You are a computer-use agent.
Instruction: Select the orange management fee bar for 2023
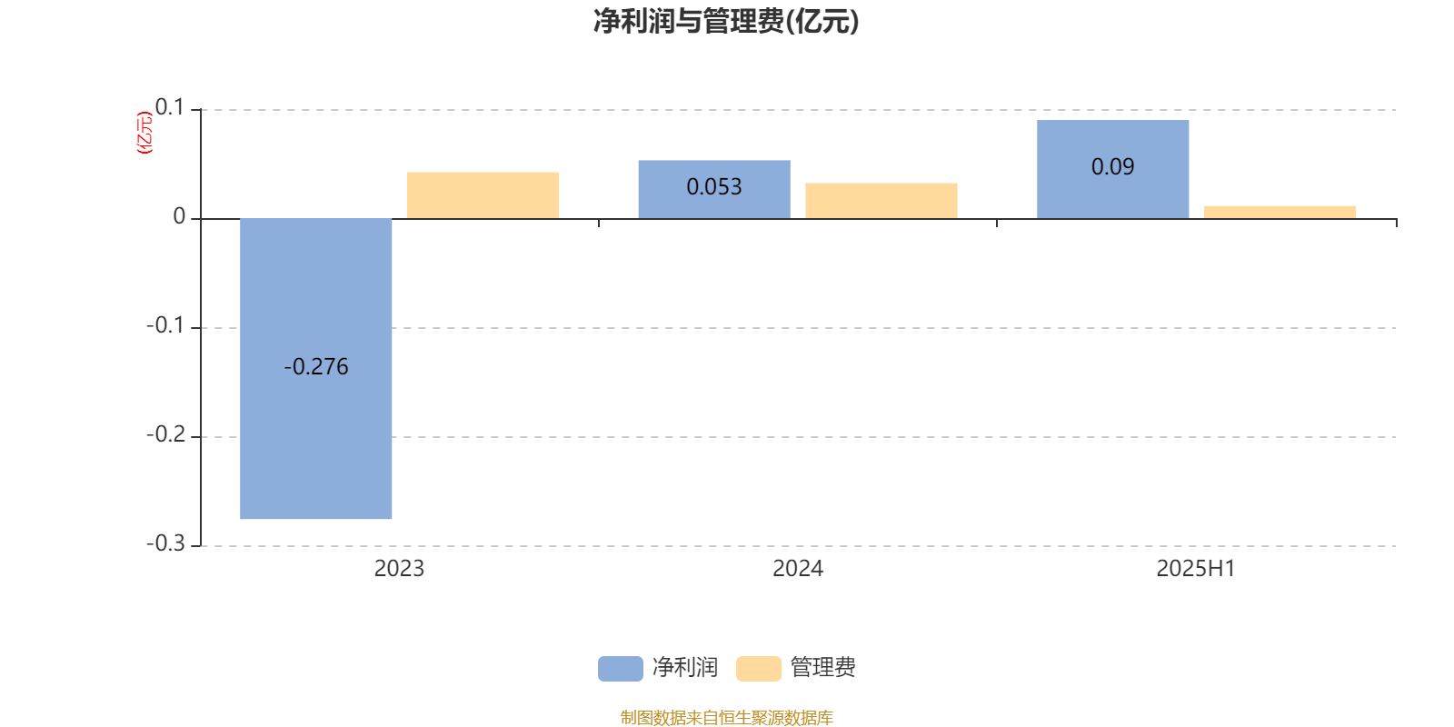pyautogui.click(x=483, y=195)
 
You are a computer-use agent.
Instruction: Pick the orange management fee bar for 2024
pyautogui.click(x=881, y=201)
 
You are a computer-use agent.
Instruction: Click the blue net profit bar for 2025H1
pyautogui.click(x=1113, y=169)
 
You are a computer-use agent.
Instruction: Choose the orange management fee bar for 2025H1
pyautogui.click(x=1280, y=213)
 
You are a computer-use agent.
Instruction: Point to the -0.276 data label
pyautogui.click(x=316, y=367)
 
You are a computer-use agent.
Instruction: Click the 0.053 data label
pyautogui.click(x=714, y=187)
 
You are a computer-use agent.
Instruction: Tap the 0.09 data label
pyautogui.click(x=1112, y=167)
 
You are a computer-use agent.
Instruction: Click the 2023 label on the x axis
pyautogui.click(x=399, y=569)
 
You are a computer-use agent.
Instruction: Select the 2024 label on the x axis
pyautogui.click(x=798, y=569)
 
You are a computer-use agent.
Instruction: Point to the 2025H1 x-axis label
pyautogui.click(x=1196, y=569)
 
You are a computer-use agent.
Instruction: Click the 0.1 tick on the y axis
pyautogui.click(x=170, y=108)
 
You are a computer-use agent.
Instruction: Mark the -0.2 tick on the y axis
pyautogui.click(x=166, y=435)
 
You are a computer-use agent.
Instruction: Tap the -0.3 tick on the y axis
pyautogui.click(x=166, y=544)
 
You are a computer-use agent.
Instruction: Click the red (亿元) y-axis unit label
pyautogui.click(x=144, y=133)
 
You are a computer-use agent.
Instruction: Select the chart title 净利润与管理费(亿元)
pyautogui.click(x=726, y=21)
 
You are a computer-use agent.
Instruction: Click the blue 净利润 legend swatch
pyautogui.click(x=621, y=669)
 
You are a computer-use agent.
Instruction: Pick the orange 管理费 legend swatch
pyautogui.click(x=759, y=669)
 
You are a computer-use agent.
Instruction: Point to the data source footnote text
pyautogui.click(x=726, y=717)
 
